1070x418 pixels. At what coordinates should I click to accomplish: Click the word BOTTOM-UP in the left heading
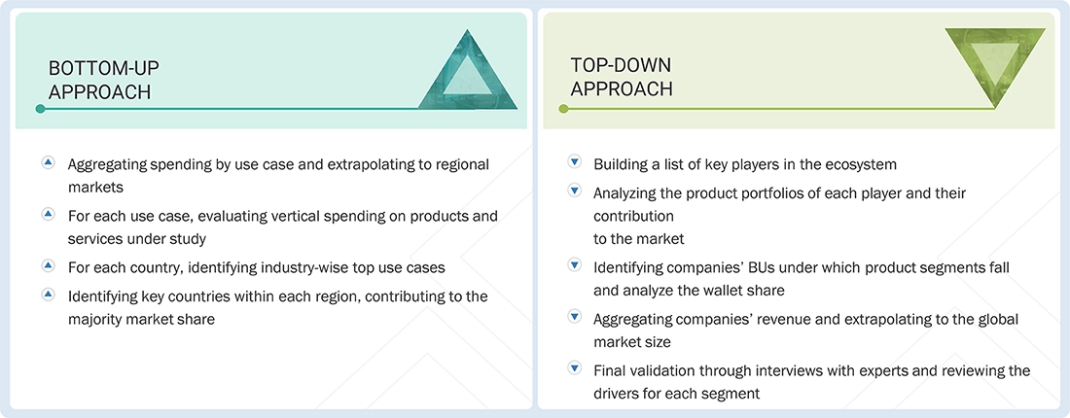[104, 68]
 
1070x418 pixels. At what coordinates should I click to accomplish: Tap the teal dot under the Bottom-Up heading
[40, 109]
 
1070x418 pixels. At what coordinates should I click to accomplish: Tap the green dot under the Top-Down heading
[563, 109]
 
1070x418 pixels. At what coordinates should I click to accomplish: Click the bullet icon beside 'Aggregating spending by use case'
[48, 163]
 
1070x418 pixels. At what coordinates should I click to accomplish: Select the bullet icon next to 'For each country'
[48, 264]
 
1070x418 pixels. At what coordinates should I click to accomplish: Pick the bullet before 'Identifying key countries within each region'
[48, 295]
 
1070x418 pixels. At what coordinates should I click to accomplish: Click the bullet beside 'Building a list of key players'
[574, 163]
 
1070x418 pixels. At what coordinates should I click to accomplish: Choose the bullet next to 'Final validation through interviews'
[574, 369]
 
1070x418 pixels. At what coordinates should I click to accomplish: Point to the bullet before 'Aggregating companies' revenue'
[574, 318]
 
